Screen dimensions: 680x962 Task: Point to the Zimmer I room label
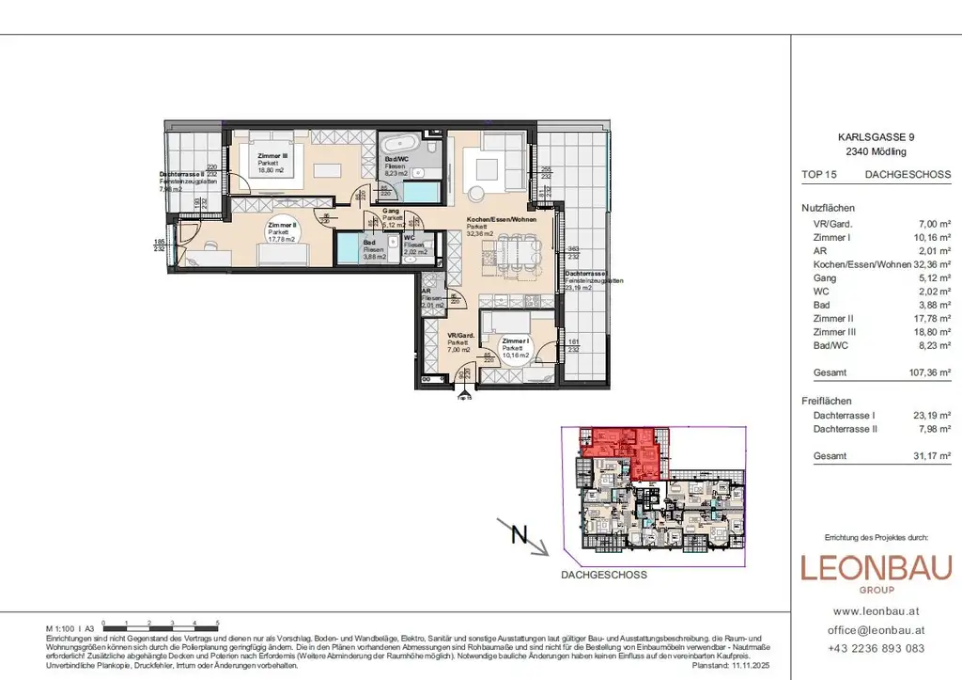point(516,341)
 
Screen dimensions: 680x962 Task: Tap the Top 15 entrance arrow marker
point(462,393)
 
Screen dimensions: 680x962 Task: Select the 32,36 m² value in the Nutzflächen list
point(930,264)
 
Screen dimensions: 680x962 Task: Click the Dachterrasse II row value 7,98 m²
point(933,429)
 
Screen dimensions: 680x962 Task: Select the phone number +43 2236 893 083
point(876,648)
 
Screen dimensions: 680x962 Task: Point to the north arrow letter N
point(517,535)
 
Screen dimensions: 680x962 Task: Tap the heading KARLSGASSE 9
point(876,136)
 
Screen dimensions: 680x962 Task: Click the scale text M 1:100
point(60,627)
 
